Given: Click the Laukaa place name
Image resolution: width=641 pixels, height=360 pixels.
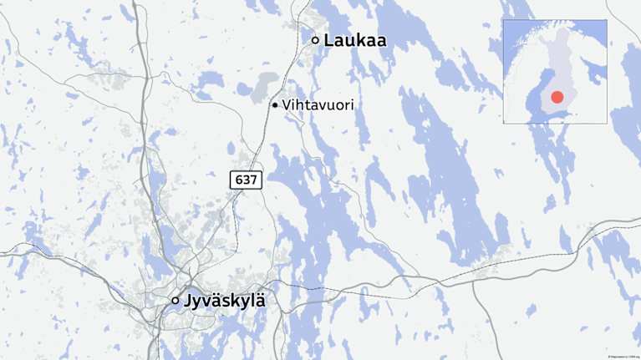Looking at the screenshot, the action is click(355, 39).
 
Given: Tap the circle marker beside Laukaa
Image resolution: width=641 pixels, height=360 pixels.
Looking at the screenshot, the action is click(315, 40).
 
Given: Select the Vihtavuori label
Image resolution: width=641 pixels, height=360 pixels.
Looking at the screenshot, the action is click(318, 105).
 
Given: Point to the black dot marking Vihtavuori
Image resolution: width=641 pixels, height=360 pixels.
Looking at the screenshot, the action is click(274, 105).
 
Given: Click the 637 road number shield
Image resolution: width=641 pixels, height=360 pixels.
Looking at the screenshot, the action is click(246, 180).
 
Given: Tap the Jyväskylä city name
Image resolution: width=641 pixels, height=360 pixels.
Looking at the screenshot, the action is click(226, 301).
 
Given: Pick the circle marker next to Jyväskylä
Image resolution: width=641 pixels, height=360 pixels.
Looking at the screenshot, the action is click(176, 300).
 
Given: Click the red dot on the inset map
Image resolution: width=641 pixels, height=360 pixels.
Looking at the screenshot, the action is click(557, 98).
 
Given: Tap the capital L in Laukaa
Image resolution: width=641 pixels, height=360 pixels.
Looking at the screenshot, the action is click(329, 39).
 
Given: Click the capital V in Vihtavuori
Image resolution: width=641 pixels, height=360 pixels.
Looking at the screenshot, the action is click(287, 105).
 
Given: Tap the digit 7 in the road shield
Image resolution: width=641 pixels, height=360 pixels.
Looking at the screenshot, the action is click(252, 180).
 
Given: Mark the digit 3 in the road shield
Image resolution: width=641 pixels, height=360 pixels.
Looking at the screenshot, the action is click(246, 180).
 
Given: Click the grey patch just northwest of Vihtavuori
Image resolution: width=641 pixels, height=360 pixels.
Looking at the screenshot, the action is click(265, 85).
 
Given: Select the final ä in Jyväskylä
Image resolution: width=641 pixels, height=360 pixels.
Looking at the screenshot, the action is click(260, 301).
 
